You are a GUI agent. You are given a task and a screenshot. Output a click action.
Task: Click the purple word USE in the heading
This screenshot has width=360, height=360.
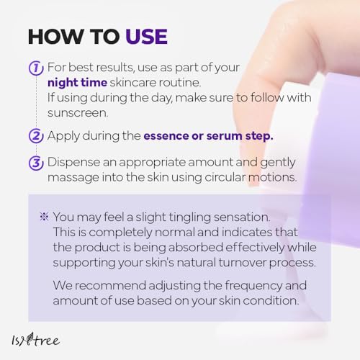point(146,37)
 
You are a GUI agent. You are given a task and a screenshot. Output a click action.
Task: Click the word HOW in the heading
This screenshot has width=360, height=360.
point(55,37)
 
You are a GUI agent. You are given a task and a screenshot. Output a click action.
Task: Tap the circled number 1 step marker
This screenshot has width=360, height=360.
point(36,68)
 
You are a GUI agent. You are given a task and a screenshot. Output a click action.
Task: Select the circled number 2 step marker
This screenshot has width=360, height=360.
point(36,136)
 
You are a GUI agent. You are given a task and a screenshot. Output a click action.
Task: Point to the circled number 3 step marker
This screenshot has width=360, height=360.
point(36,163)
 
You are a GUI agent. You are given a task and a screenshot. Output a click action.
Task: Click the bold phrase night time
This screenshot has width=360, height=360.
point(77,83)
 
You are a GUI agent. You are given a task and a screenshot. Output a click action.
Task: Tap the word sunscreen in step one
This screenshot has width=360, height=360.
point(78,113)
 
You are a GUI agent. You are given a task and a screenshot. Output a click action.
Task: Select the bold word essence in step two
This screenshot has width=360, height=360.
point(166,136)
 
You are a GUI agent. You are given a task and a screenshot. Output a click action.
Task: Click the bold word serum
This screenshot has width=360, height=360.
point(225,136)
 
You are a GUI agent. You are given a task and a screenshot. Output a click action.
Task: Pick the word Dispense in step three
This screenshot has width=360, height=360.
point(73,162)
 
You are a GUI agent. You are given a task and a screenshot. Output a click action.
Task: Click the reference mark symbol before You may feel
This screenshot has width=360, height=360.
point(44,217)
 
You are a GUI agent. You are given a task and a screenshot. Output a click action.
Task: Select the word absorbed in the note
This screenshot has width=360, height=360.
point(196,247)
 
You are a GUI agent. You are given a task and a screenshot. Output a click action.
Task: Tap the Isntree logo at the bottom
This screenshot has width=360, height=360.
point(36,340)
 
